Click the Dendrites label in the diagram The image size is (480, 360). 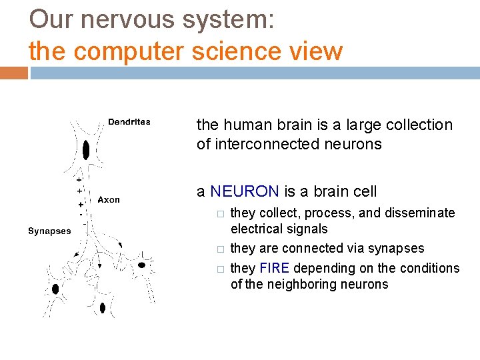point(129,122)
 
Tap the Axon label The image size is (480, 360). point(109,199)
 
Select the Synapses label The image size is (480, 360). point(49,231)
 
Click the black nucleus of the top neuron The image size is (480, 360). point(86,149)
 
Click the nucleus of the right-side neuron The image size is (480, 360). point(141,265)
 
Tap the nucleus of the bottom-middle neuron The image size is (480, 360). point(101,307)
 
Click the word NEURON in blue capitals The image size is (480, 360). point(244,192)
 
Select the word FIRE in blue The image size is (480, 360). point(273,268)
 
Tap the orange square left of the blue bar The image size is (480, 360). point(13,72)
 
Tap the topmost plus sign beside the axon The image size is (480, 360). point(78,180)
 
